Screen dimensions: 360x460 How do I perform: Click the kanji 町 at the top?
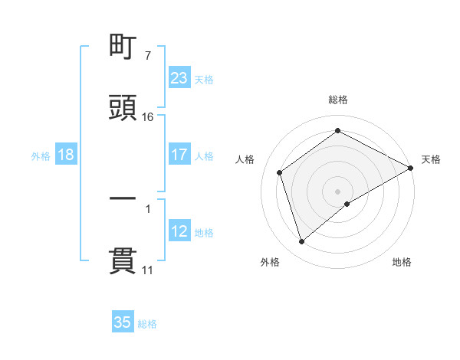tap(123, 48)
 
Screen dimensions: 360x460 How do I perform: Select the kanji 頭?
tap(123, 108)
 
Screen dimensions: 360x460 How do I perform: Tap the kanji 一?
tap(123, 198)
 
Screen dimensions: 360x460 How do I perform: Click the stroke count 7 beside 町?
tap(148, 57)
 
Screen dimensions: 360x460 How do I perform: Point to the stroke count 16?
tap(148, 116)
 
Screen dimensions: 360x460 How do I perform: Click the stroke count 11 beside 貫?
tap(148, 270)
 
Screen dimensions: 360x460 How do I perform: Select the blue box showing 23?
tap(179, 78)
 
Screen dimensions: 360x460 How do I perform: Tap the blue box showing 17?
tap(179, 155)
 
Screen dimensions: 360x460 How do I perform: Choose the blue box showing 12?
tap(179, 231)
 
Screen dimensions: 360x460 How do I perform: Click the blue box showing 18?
tap(66, 155)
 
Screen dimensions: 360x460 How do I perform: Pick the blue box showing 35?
tap(123, 322)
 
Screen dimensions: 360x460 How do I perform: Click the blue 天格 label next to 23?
tap(204, 79)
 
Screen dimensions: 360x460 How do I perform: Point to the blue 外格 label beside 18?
tap(41, 155)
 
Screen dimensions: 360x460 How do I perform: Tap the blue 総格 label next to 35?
tap(147, 323)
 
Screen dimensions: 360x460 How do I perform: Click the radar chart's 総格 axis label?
tap(338, 100)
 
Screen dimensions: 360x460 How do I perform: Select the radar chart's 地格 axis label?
tap(402, 262)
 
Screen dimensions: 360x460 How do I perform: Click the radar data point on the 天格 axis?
tap(410, 168)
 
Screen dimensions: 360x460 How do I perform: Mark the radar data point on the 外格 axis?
tap(302, 242)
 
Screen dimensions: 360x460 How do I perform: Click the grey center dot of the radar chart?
tap(338, 191)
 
